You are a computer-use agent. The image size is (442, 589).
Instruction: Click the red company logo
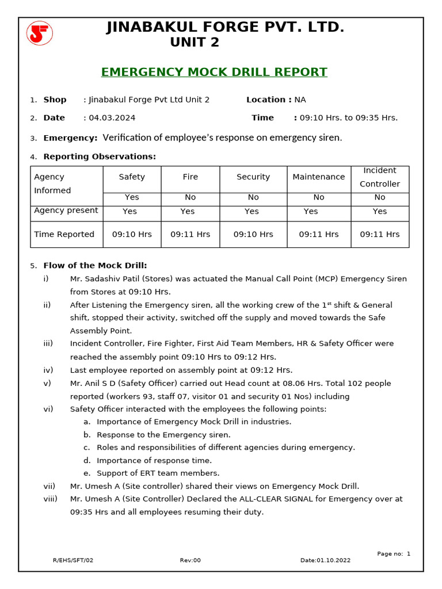coord(39,33)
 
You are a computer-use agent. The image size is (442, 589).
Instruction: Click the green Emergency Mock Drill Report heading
coord(214,72)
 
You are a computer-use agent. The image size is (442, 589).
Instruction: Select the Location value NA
coord(300,100)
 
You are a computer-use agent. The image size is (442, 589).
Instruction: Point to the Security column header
coord(253,177)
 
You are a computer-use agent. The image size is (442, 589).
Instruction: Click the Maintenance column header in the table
coord(319,177)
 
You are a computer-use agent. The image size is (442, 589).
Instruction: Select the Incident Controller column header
coord(380,177)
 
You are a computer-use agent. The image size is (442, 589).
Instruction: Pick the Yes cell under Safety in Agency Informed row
coord(132,197)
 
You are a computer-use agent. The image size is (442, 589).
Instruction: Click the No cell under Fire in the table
coord(190,197)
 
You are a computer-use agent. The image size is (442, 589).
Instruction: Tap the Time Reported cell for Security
coord(253,234)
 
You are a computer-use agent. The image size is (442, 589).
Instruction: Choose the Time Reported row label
coord(64,234)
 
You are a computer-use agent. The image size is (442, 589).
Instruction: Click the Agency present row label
coord(66,211)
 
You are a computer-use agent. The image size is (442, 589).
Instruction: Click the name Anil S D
coord(100,384)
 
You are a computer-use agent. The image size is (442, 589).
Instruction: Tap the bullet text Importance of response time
coord(154,460)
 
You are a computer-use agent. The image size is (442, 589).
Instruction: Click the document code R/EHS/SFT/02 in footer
coord(73,560)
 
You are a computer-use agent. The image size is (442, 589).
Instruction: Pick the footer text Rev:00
coord(190,560)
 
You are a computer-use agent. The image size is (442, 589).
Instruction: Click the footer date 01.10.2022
coord(333,560)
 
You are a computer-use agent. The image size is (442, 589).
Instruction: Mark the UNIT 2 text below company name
coord(195,43)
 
